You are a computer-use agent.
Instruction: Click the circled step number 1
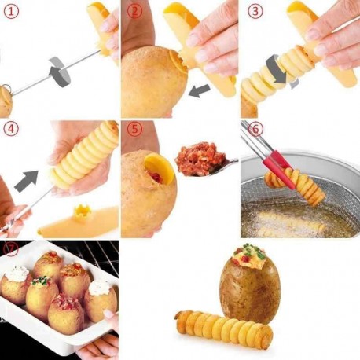12,12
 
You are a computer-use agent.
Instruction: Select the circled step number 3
255,12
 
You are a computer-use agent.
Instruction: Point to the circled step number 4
12,130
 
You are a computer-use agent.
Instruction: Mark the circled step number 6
255,130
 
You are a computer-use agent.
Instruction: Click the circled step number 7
11,250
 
